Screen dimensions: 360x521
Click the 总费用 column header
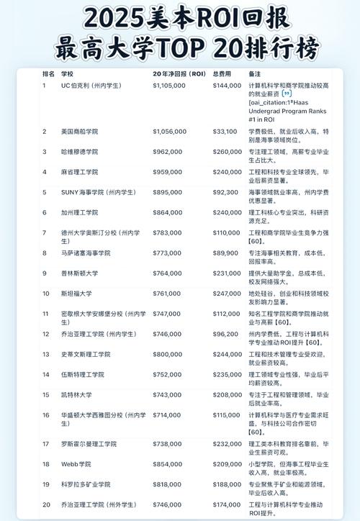pyautogui.click(x=222, y=74)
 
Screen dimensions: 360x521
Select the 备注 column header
pyautogui.click(x=254, y=74)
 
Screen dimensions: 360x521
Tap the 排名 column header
pyautogui.click(x=48, y=74)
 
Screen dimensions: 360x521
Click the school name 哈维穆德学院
pyautogui.click(x=79, y=152)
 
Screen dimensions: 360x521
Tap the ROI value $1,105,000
pyautogui.click(x=170, y=86)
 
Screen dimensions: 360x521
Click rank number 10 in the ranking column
pyautogui.click(x=46, y=294)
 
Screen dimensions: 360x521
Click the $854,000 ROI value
pyautogui.click(x=169, y=464)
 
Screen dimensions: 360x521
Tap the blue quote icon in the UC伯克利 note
pyautogui.click(x=287, y=94)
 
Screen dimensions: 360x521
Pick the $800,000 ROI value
pyautogui.click(x=169, y=354)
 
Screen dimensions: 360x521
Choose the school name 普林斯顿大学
pyautogui.click(x=76, y=273)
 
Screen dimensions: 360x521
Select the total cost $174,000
pyautogui.click(x=227, y=504)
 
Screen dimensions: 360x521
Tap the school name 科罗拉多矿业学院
pyautogui.click(x=86, y=484)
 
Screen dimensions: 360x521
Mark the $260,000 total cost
pyautogui.click(x=227, y=152)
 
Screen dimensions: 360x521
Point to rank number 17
pyautogui.click(x=46, y=444)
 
